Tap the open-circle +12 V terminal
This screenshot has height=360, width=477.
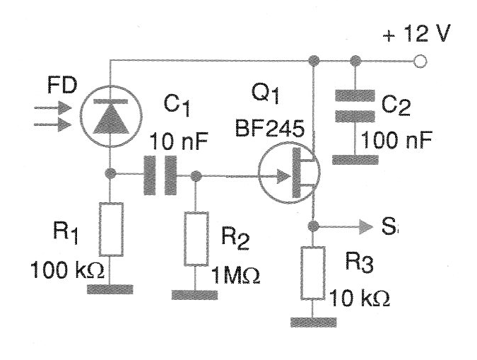coord(421,61)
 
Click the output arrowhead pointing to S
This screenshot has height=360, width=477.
coord(362,226)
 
